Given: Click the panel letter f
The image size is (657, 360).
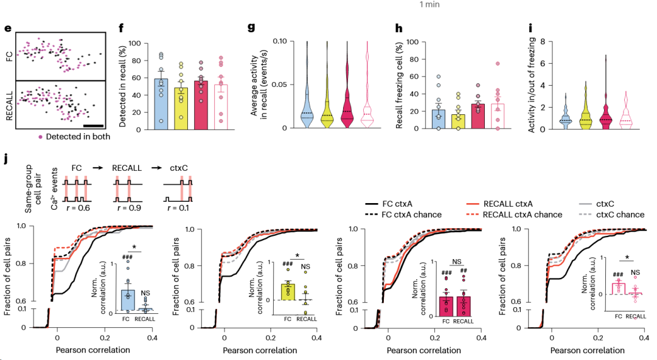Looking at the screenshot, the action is (122, 29).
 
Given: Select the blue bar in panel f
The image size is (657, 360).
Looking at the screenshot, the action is (161, 104).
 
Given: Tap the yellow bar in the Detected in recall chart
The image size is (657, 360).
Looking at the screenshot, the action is (181, 108).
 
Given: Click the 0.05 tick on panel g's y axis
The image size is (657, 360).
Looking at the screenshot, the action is (279, 85).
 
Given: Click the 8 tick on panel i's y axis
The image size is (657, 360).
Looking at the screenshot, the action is (543, 41).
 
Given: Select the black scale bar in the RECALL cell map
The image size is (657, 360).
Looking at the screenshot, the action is (94, 125).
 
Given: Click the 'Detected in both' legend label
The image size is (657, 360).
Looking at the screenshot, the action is (78, 137).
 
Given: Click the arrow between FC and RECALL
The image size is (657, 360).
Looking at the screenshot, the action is (97, 168).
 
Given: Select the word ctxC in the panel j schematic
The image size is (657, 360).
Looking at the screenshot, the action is (179, 168).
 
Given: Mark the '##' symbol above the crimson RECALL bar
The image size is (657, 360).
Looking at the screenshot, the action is (464, 271).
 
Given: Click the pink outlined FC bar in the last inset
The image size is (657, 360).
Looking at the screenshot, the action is (619, 289).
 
